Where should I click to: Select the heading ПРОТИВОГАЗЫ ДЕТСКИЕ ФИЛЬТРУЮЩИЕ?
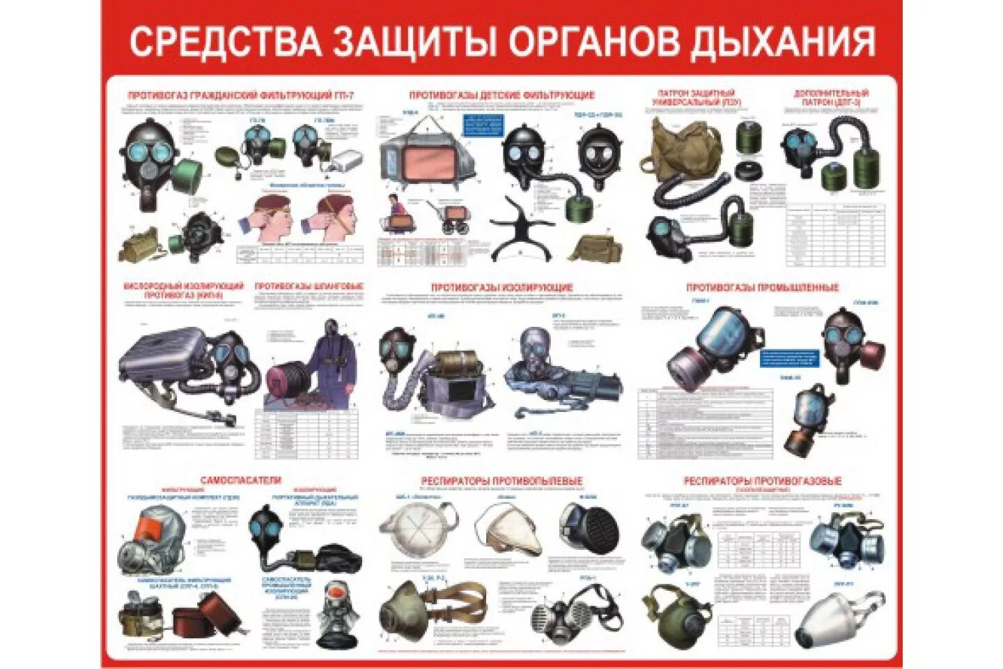point(501,95)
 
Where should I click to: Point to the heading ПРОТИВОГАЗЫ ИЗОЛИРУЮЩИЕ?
point(501,287)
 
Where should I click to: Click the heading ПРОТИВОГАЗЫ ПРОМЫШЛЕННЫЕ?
point(762,287)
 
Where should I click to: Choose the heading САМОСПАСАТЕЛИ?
point(240,480)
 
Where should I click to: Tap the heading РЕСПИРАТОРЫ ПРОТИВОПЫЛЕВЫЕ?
point(501,481)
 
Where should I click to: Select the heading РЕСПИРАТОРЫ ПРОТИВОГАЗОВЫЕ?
point(762,481)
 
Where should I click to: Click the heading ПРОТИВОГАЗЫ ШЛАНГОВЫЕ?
point(309,286)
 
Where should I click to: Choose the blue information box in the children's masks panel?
point(481,125)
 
